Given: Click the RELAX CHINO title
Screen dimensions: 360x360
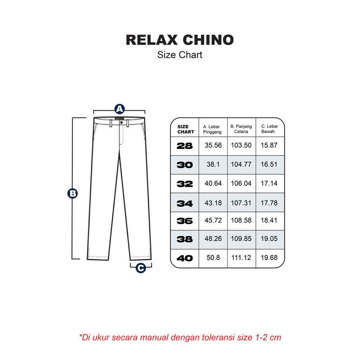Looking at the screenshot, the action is click(180, 40).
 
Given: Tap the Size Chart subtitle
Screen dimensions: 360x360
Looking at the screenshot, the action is click(180, 55).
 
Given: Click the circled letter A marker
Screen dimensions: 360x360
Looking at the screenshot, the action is click(119, 109).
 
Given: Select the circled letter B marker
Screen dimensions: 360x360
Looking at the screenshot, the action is click(73, 193).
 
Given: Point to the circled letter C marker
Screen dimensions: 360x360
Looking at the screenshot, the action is click(140, 268).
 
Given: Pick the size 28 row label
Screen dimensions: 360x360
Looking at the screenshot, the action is click(184, 145).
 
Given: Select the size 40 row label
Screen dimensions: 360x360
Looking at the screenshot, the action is click(184, 258).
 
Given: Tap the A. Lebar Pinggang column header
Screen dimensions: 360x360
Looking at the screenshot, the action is click(213, 129).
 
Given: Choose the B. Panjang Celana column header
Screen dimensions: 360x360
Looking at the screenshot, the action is click(241, 129).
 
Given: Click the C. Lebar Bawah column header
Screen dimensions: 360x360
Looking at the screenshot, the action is click(270, 129).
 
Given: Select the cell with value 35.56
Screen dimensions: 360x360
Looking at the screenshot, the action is click(213, 145).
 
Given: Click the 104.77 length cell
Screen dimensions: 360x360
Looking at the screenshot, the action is click(241, 164).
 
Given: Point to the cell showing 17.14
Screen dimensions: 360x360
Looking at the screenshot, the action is click(270, 183).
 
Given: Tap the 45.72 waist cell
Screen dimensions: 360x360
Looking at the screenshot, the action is click(213, 221).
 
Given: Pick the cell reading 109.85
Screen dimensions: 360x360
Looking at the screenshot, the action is click(241, 239).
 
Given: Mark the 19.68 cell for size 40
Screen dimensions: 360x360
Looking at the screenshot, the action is click(270, 258).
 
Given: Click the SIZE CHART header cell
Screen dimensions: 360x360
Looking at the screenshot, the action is click(185, 129).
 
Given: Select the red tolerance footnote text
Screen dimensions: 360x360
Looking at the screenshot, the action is click(180, 337).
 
